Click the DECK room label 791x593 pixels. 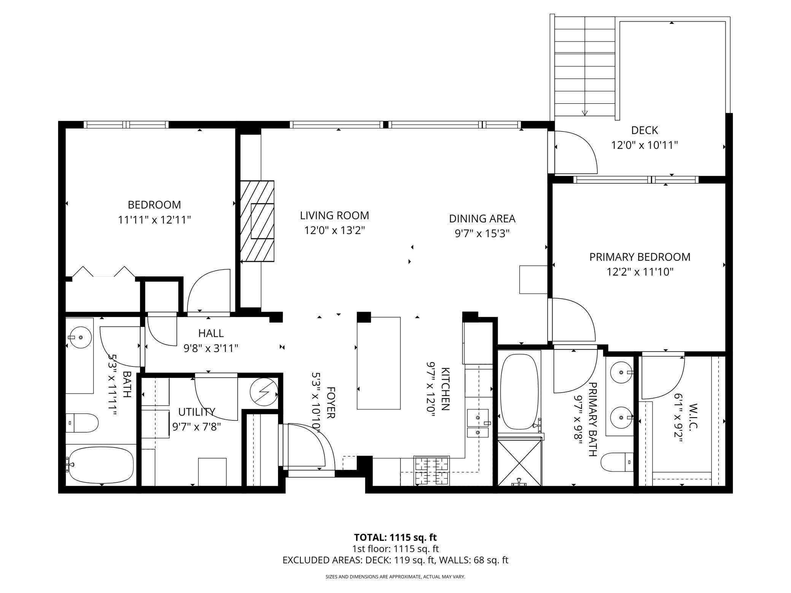[x=644, y=130]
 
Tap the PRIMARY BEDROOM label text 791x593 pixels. [x=640, y=257]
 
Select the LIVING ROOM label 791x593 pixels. [x=334, y=216]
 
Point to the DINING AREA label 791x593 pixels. [x=482, y=219]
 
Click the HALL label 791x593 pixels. [x=211, y=333]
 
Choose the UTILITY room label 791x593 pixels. [x=197, y=412]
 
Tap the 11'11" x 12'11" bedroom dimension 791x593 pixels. [x=154, y=220]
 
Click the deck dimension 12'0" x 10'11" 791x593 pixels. [x=644, y=145]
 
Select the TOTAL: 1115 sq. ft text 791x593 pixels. [x=395, y=537]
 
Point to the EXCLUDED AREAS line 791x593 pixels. [x=395, y=560]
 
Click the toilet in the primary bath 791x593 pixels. [x=617, y=462]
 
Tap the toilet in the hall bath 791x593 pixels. [x=82, y=423]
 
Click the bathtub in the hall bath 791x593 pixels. [x=100, y=465]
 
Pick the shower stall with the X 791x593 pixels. [x=519, y=462]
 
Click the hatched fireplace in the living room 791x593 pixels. [x=257, y=221]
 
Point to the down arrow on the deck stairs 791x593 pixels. [x=585, y=113]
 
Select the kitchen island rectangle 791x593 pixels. [x=378, y=363]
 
